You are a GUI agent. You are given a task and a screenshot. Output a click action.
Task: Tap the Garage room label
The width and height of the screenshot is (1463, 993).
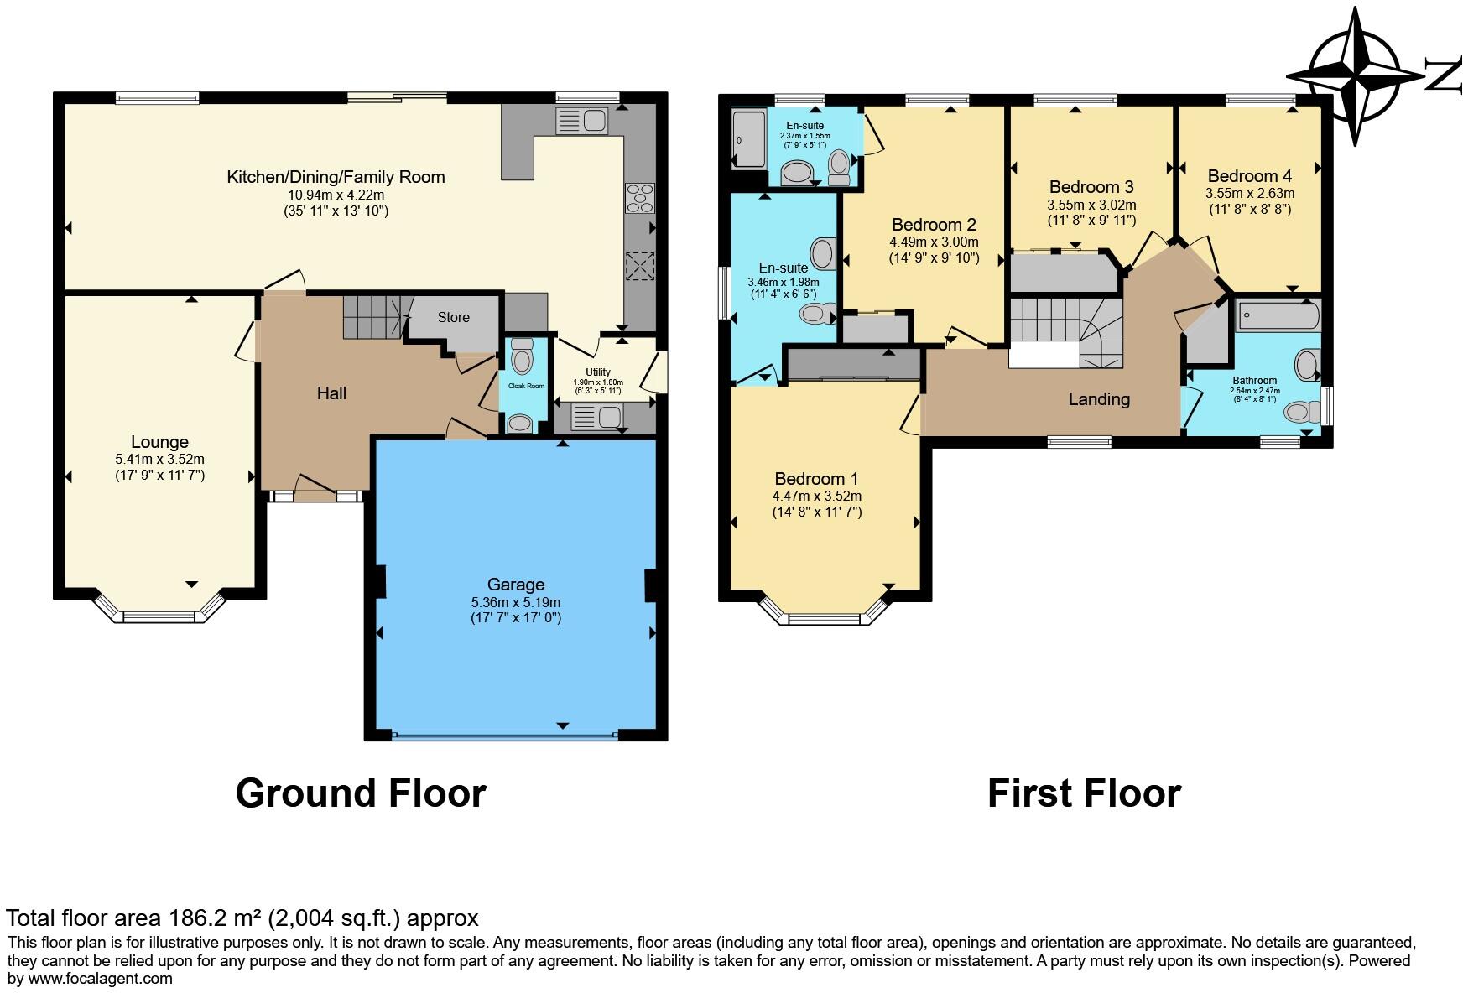[x=516, y=585]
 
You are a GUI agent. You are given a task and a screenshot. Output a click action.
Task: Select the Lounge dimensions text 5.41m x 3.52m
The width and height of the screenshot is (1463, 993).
[x=159, y=460]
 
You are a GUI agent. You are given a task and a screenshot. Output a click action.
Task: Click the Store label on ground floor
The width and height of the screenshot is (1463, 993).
[x=453, y=317]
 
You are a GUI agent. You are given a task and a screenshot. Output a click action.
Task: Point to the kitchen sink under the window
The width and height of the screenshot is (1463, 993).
[x=581, y=121]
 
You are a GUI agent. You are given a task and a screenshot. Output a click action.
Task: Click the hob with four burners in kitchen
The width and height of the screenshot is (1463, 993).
[x=639, y=198]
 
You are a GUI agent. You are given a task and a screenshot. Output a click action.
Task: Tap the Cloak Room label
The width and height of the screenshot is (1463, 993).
[x=525, y=387]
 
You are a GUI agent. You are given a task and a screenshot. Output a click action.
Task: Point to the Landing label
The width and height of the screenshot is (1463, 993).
[x=1099, y=399]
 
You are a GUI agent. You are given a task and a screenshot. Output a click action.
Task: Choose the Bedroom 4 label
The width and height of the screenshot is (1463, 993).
[x=1249, y=176]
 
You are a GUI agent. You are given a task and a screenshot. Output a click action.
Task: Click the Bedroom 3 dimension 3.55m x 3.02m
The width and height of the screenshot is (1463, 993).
[x=1091, y=205]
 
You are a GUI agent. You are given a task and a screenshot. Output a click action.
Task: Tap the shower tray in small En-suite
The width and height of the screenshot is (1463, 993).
[x=747, y=139]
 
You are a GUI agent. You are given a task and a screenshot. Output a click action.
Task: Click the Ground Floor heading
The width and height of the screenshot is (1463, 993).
[x=361, y=793]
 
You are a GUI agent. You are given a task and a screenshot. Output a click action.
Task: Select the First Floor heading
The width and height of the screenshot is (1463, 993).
[x=1084, y=793]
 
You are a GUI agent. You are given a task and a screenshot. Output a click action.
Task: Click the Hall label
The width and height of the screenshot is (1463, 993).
[x=331, y=393]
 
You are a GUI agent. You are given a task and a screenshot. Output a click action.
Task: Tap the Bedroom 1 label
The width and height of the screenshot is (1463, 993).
[x=816, y=479]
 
